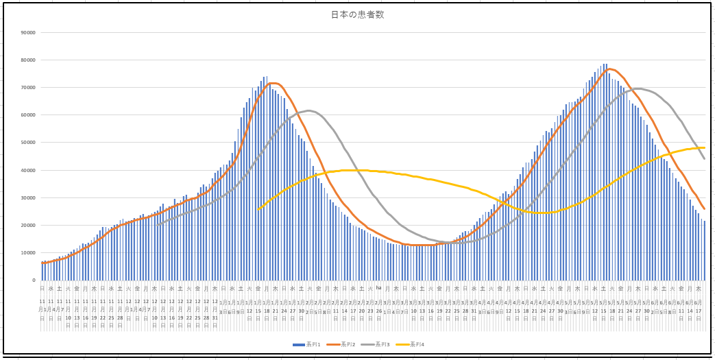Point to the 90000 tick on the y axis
28,32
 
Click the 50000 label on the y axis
28,143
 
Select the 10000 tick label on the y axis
28,253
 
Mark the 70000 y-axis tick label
28,88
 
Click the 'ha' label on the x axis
378,288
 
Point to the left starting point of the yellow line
258,210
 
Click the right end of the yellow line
704,147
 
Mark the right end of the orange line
704,209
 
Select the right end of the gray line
704,159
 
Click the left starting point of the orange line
43,263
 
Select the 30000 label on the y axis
28,198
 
